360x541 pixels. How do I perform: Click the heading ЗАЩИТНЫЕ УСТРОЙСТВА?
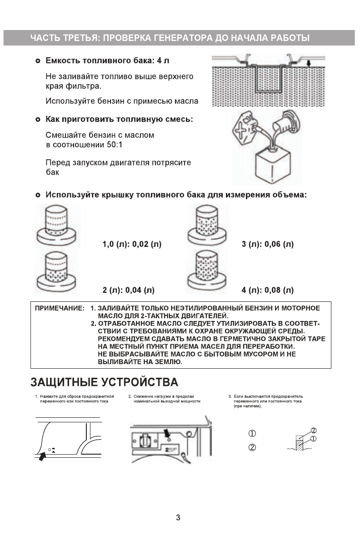pos(104,381)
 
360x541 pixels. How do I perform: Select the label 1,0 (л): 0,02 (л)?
pos(132,244)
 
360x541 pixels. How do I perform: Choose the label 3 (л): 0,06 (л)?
pos(268,244)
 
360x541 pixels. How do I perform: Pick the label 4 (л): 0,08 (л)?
pos(268,290)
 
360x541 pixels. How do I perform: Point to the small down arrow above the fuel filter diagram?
pos(308,64)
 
